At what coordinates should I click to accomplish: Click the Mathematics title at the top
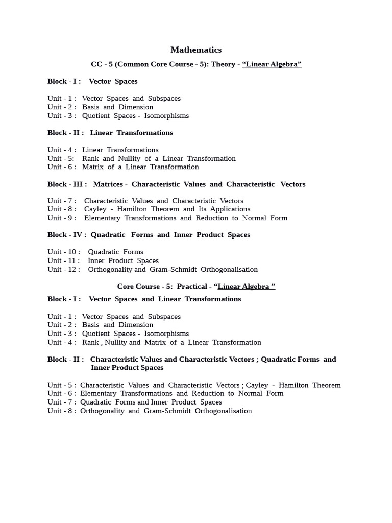[196, 50]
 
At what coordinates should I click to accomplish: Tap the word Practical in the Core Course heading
[192, 287]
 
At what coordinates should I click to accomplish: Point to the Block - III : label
[67, 184]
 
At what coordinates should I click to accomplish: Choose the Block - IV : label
[66, 235]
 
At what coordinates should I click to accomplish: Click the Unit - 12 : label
[63, 269]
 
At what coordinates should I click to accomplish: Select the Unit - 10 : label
[63, 252]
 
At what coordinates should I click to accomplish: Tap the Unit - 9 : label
[61, 218]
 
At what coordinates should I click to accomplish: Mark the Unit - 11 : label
[63, 260]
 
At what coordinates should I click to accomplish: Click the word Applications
[227, 209]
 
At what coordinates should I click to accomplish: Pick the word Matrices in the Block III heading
[108, 184]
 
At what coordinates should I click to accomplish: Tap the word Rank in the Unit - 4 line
[90, 342]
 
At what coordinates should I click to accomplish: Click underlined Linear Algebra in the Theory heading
[273, 64]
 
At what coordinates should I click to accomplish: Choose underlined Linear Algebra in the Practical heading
[246, 287]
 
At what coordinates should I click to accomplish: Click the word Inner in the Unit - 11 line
[96, 260]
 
